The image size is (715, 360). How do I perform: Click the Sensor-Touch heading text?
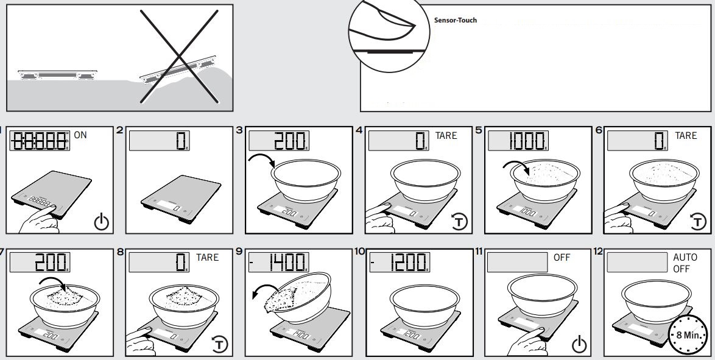coord(455,20)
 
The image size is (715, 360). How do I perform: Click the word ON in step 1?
coord(81,135)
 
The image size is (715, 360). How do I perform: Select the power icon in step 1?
coord(102,222)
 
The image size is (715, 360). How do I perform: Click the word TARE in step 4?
coord(446,135)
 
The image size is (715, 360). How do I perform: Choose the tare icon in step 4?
coord(460,222)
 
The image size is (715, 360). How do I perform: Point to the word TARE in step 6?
coord(686,135)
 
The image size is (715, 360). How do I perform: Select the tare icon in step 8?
coord(222,345)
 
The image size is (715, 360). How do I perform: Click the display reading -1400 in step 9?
coord(278,263)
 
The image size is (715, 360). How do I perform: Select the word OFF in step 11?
coord(562,258)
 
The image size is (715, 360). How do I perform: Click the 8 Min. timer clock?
coord(688,336)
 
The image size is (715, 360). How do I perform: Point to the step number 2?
coord(119,130)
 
